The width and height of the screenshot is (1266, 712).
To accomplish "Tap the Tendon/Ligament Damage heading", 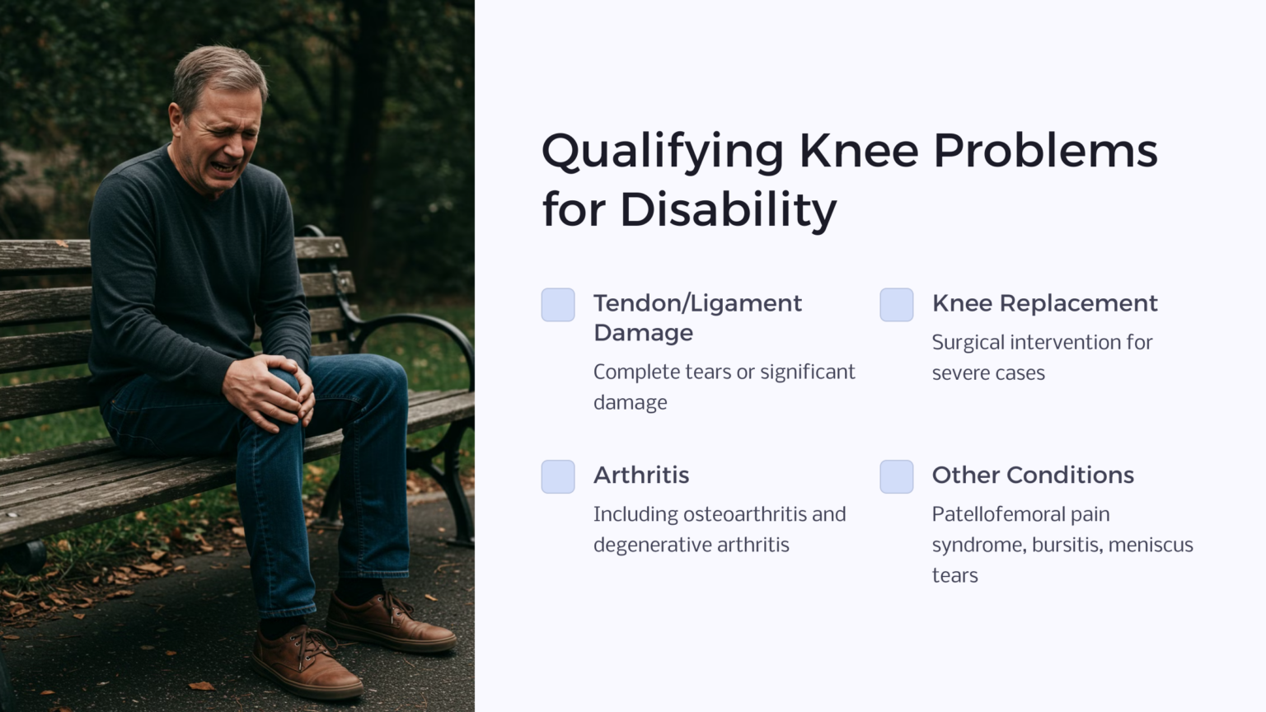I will [696, 317].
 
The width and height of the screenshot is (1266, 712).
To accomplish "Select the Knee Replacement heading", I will [1044, 303].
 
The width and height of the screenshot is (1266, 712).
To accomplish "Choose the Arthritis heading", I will [640, 475].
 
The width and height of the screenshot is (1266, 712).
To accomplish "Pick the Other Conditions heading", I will [1032, 475].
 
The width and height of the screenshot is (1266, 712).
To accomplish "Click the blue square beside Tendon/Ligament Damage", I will [558, 305].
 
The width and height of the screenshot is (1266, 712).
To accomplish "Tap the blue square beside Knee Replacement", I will [896, 305].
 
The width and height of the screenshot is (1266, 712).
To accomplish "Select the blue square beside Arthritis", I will [558, 476].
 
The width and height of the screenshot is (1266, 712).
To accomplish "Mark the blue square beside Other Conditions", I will [896, 476].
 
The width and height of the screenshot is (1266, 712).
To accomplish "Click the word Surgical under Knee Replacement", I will [968, 343].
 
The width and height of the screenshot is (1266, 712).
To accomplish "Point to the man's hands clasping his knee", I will [269, 391].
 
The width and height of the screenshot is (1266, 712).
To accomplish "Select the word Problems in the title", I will [1044, 152].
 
